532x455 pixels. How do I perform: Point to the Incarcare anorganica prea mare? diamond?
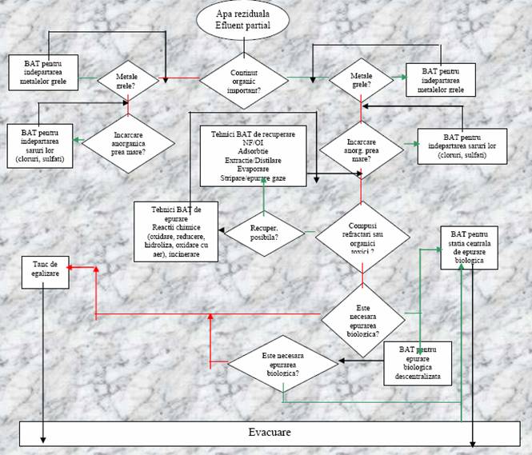click(x=129, y=140)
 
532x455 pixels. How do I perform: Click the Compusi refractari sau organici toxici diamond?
click(x=362, y=236)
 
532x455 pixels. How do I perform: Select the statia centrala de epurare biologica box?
click(x=475, y=247)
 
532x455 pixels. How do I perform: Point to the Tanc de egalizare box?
click(x=46, y=266)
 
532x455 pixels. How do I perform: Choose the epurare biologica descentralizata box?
click(x=418, y=363)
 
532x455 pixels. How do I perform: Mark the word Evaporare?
click(x=253, y=169)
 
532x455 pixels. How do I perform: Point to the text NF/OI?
click(x=253, y=141)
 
